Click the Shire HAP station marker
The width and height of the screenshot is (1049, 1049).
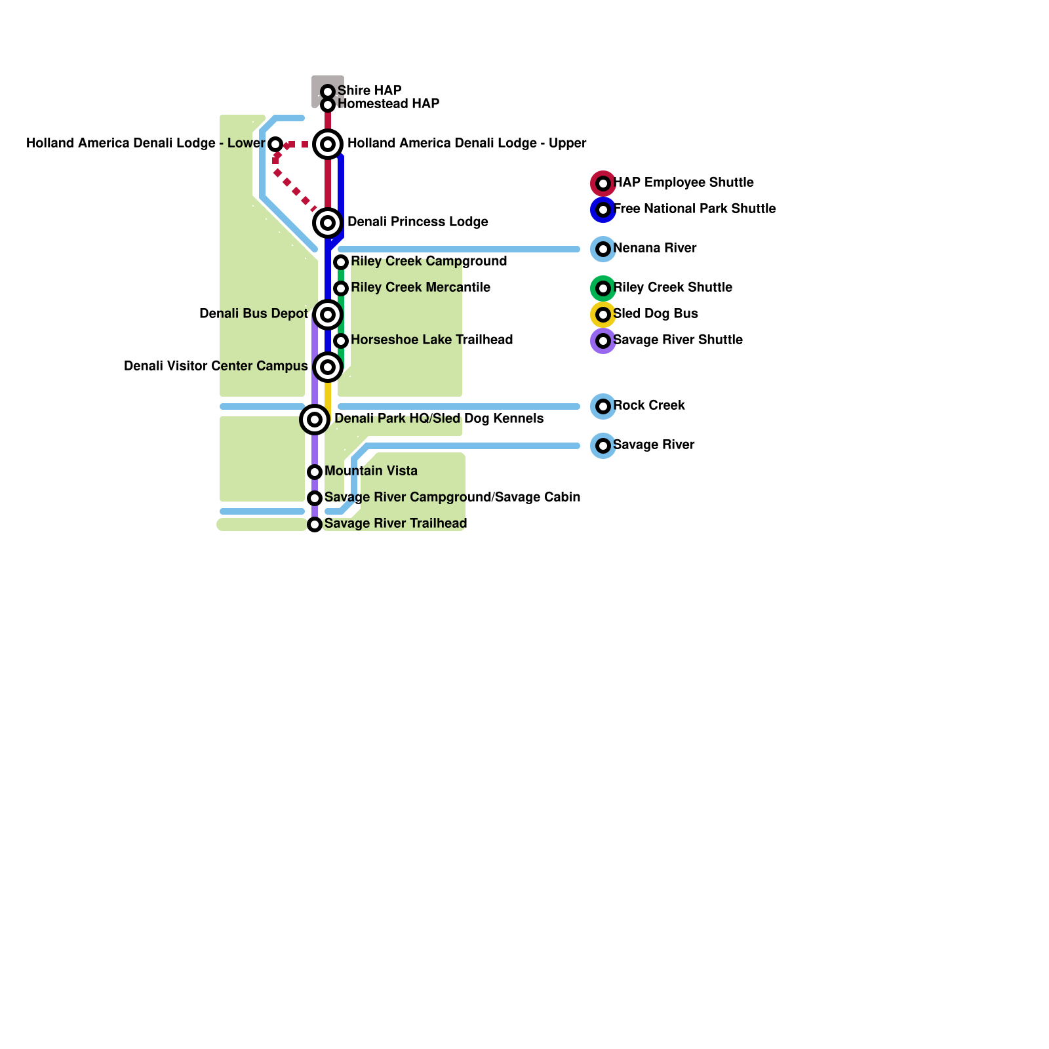point(328,92)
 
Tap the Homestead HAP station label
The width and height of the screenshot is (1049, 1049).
point(388,104)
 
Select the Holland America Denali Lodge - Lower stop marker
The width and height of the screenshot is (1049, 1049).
point(275,144)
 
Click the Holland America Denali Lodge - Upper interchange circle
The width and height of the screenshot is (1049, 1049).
point(328,144)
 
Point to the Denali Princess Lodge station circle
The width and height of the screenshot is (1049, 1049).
point(328,223)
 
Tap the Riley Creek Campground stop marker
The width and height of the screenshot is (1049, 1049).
point(341,262)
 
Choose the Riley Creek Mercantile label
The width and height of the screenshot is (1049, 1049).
point(420,287)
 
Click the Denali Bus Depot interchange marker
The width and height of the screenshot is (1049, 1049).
point(328,315)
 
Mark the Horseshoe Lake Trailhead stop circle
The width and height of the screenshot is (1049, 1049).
point(341,341)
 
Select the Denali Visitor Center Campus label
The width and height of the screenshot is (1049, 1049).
point(216,366)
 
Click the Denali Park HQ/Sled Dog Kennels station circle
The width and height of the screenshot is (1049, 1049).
point(315,420)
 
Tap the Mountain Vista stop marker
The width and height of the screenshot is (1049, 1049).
point(315,472)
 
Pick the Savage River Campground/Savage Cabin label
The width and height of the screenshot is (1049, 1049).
point(452,497)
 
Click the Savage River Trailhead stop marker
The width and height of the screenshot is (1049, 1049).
point(315,524)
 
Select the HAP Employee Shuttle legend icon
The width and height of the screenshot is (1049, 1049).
point(603,184)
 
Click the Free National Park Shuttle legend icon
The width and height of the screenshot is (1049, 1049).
point(603,210)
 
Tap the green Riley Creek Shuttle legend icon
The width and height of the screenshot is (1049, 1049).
point(603,288)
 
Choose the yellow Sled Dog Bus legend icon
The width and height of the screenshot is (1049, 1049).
point(603,315)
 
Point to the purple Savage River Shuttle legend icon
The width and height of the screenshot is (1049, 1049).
point(603,341)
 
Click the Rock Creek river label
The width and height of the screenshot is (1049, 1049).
point(648,405)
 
